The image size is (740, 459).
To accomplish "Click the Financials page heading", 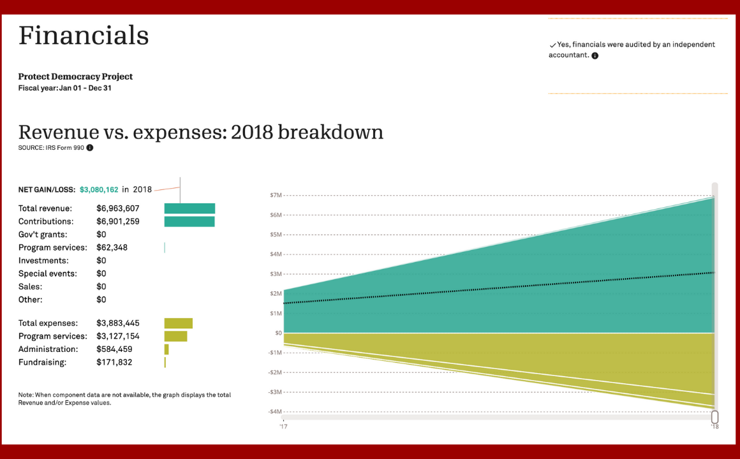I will pos(84,36).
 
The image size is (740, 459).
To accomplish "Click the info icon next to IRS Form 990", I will pos(90,148).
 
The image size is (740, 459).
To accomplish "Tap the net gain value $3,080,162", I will pos(99,189).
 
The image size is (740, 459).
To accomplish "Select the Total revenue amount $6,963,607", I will pos(118,208).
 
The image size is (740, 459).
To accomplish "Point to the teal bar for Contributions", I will pos(189,222).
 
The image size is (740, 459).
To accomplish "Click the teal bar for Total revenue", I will pos(189,208).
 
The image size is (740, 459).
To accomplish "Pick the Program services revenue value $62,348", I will pos(112,247).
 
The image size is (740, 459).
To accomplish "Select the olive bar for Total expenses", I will pos(179,323).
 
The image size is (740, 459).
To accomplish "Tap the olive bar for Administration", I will pos(166,349).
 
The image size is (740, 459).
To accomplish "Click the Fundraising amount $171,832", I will pos(114,362).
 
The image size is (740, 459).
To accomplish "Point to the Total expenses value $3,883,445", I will pos(118,323).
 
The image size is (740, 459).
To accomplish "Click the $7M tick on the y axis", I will pos(276,195).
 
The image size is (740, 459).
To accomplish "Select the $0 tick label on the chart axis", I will pos(278,333).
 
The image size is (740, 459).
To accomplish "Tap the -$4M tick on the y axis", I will pos(275,412).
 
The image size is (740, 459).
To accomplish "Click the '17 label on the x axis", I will pos(283,426).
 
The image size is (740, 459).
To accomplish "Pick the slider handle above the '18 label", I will pos(714,417).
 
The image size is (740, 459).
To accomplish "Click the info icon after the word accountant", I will pos(595,55).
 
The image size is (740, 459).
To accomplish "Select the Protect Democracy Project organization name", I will pos(75,76).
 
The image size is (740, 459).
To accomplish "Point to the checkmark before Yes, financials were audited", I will pos(552,45).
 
